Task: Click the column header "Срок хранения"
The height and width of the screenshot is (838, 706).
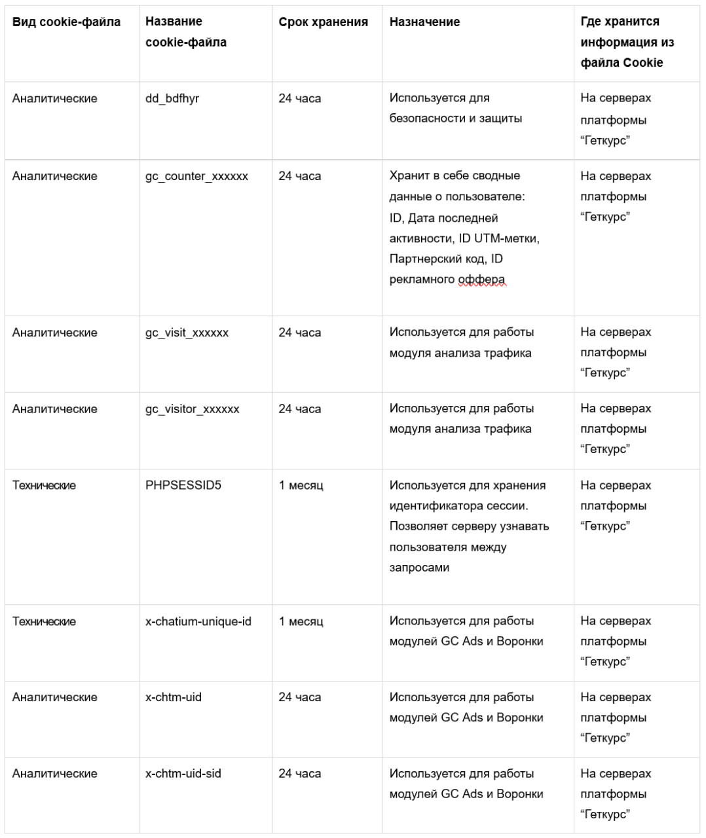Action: point(323,22)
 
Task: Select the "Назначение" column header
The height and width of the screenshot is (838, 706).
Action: point(424,22)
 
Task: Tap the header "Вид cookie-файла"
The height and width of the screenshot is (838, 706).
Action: point(66,22)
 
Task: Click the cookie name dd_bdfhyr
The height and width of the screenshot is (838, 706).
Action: point(172,99)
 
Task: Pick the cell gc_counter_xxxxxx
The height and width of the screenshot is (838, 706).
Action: point(196,176)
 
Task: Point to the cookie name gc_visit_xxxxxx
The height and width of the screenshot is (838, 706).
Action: point(187,333)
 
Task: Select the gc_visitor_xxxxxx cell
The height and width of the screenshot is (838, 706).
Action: point(192,409)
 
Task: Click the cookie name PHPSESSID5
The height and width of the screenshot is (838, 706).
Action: point(183,485)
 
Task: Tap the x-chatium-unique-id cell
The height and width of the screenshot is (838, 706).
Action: point(198,621)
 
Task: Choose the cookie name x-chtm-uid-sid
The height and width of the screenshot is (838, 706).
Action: point(183,773)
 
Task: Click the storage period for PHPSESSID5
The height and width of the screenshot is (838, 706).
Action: point(301,485)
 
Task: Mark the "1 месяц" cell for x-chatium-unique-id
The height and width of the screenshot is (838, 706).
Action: point(301,621)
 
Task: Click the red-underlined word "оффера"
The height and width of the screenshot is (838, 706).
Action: point(481,280)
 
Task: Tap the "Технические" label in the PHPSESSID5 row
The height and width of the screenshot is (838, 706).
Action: point(44,485)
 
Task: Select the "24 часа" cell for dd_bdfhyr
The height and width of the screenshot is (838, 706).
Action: point(299,99)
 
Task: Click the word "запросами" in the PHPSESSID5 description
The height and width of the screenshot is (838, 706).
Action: point(419,568)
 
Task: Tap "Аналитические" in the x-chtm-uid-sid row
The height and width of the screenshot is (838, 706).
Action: point(54,773)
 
